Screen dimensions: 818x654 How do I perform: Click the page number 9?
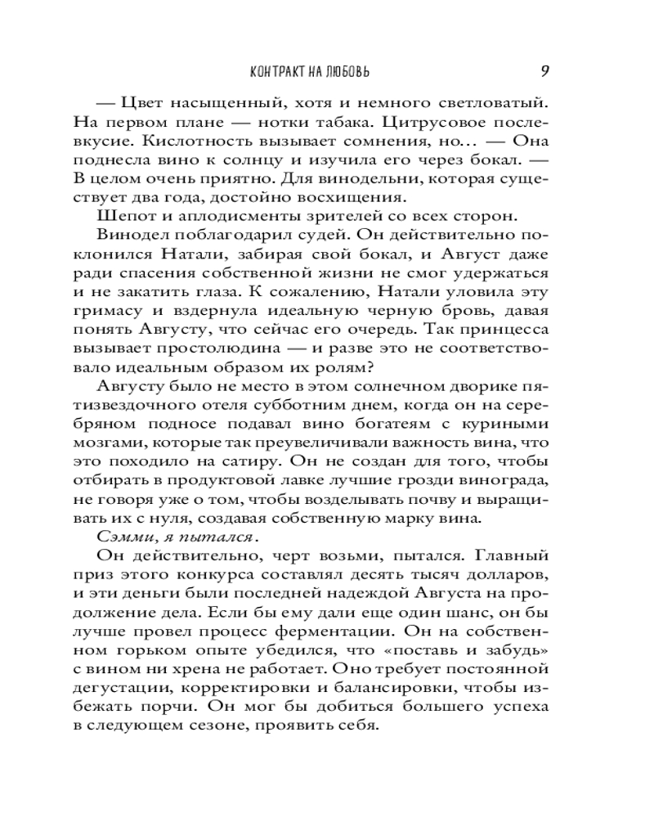point(544,70)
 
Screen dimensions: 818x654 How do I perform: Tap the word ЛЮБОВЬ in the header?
point(345,71)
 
